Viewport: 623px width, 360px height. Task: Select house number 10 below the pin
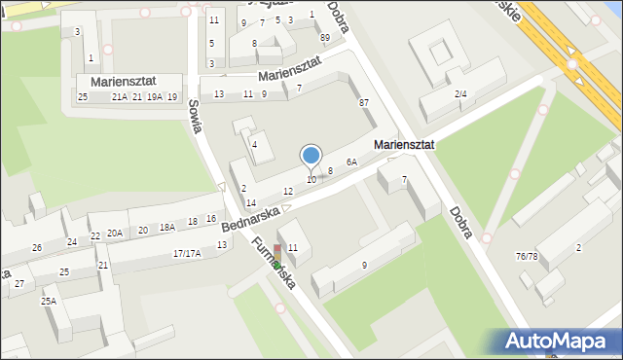tap(311, 179)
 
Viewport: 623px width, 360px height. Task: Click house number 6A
tap(351, 162)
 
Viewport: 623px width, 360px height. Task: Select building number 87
tap(364, 103)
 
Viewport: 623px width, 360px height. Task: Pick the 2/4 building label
tap(461, 93)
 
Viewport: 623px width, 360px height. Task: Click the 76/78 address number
tap(527, 257)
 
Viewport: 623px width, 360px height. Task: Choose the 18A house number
tap(167, 227)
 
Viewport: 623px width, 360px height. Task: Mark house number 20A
tap(115, 233)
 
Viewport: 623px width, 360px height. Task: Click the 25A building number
tap(48, 302)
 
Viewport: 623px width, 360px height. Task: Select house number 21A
tap(119, 97)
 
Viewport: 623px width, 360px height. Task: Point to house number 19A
tap(154, 97)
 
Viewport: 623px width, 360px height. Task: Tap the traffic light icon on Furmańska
tap(276, 255)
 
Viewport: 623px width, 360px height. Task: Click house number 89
tap(324, 37)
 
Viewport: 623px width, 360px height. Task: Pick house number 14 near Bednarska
tap(250, 202)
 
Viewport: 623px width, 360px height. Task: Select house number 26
tap(37, 248)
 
